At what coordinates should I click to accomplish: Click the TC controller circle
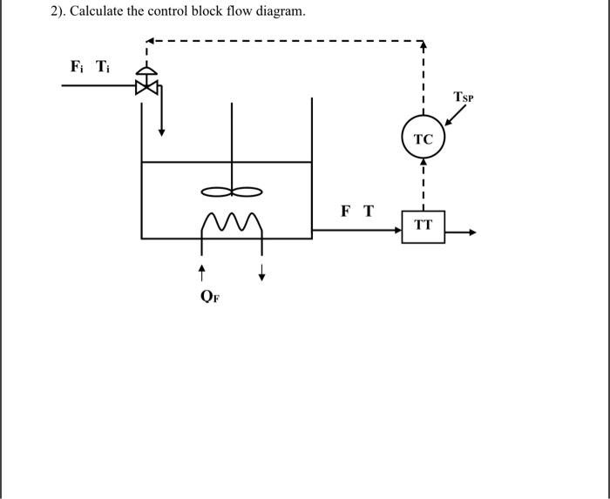pyautogui.click(x=423, y=139)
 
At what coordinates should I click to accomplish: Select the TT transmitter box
pyautogui.click(x=423, y=226)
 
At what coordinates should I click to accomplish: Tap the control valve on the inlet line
pyautogui.click(x=147, y=84)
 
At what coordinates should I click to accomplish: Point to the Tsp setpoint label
pyautogui.click(x=464, y=97)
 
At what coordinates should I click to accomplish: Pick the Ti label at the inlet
pyautogui.click(x=103, y=66)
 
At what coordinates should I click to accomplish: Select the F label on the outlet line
pyautogui.click(x=346, y=211)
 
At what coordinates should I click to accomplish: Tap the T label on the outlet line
pyautogui.click(x=368, y=211)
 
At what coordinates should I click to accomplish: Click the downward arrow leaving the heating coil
pyautogui.click(x=261, y=274)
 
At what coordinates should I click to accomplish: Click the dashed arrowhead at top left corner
pyautogui.click(x=148, y=41)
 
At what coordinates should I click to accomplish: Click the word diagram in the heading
pyautogui.click(x=277, y=11)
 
